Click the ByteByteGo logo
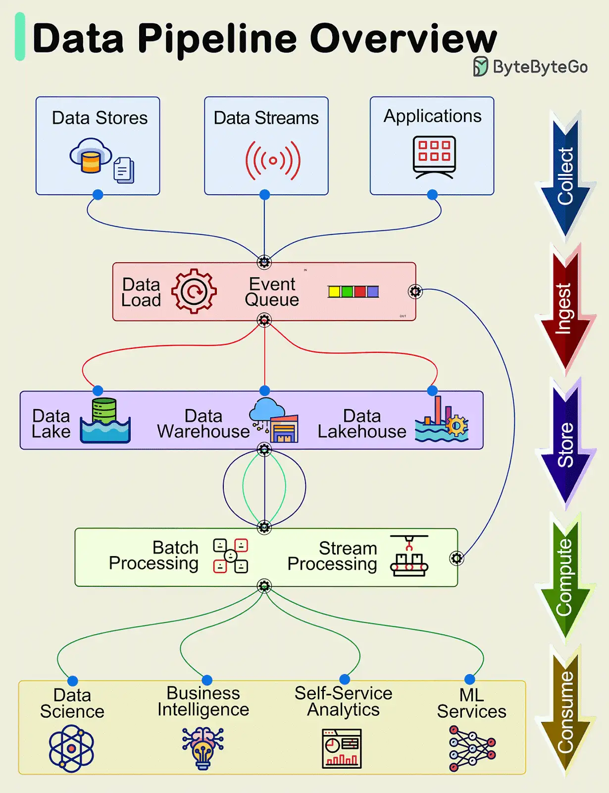530,66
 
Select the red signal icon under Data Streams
273,160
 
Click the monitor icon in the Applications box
434,157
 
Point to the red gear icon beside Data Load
194,291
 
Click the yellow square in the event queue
334,291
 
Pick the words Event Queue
272,292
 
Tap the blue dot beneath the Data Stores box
98,194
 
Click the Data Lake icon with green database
105,420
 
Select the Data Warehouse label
203,424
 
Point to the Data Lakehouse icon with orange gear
442,419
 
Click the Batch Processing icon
230,556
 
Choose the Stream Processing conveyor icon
409,556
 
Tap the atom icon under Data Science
71,748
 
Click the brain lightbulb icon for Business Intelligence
203,748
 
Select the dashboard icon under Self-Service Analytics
342,748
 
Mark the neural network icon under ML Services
472,748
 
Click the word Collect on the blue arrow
565,176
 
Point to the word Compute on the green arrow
565,577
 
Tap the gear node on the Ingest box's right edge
415,291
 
